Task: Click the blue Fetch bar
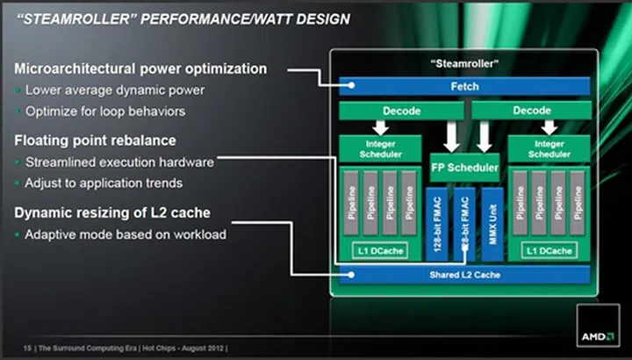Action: pyautogui.click(x=465, y=85)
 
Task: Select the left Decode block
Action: pyautogui.click(x=402, y=112)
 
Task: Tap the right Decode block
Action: pyautogui.click(x=531, y=112)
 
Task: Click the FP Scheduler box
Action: pyautogui.click(x=465, y=167)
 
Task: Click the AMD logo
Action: pyautogui.click(x=598, y=336)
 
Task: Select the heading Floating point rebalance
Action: pyautogui.click(x=96, y=140)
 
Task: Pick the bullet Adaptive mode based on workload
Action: pyautogui.click(x=126, y=234)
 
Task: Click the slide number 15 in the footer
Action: pyautogui.click(x=27, y=349)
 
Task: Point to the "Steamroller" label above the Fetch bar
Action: pyautogui.click(x=465, y=64)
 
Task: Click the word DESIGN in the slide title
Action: pyautogui.click(x=320, y=18)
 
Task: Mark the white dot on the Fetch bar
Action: pyautogui.click(x=351, y=85)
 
